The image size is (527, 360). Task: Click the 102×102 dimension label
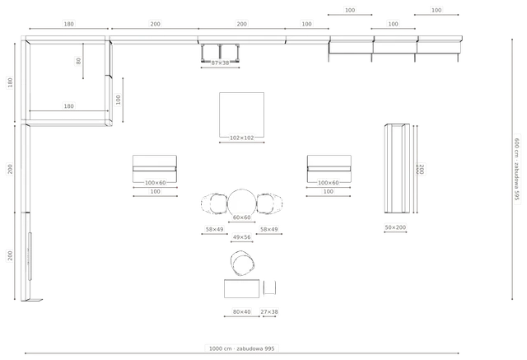pos(241,138)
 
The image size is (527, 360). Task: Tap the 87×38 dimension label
pos(220,63)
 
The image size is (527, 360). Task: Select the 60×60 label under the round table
pos(241,217)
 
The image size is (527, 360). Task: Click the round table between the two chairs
pos(241,203)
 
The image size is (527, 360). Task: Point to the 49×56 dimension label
pos(241,237)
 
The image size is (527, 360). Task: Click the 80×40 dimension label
pos(241,312)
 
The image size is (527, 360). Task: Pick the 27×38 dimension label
pos(269,312)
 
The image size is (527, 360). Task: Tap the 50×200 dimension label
pos(395,227)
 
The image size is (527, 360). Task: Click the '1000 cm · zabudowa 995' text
pos(241,348)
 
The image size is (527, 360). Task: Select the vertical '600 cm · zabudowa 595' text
pos(517,169)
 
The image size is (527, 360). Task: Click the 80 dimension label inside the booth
pos(78,61)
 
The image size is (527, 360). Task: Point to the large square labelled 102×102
pos(241,115)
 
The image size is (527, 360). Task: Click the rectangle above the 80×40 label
pos(241,288)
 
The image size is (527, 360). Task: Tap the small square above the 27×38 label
pos(269,288)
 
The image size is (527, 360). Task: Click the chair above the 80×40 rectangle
pos(242,264)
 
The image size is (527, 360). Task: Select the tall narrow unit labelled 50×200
pos(397,168)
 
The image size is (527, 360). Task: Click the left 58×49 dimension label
pos(214,230)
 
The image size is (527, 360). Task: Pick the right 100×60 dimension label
pos(329,183)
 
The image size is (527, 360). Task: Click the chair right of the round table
pos(269,203)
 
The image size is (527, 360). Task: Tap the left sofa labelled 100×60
pos(155,169)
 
